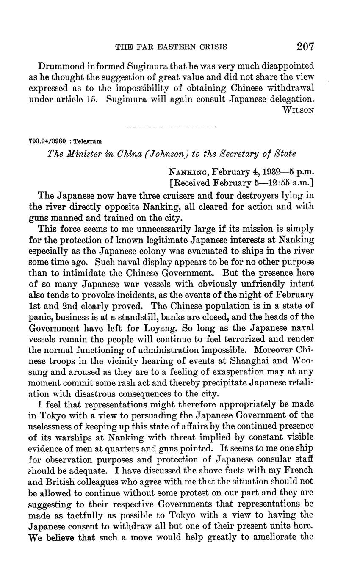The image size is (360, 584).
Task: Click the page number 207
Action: (305, 46)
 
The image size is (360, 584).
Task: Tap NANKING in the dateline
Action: (188, 172)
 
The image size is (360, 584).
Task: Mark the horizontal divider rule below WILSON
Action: (172, 126)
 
